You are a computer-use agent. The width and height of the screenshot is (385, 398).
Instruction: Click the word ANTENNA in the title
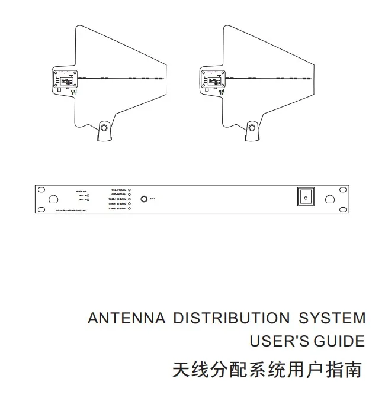[126, 319]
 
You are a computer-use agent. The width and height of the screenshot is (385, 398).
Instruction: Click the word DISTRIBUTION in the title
[231, 319]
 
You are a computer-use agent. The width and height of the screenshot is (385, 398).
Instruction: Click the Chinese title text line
[266, 370]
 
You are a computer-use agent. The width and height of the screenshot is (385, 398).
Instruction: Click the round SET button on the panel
[143, 199]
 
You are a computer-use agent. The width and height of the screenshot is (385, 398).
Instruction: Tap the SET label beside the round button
[153, 199]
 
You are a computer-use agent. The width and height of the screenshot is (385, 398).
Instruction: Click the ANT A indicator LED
[88, 195]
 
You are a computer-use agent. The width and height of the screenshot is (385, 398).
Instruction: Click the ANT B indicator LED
[88, 200]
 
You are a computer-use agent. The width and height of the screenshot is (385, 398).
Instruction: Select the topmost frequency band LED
[130, 190]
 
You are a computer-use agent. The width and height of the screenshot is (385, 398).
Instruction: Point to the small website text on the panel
[71, 210]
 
